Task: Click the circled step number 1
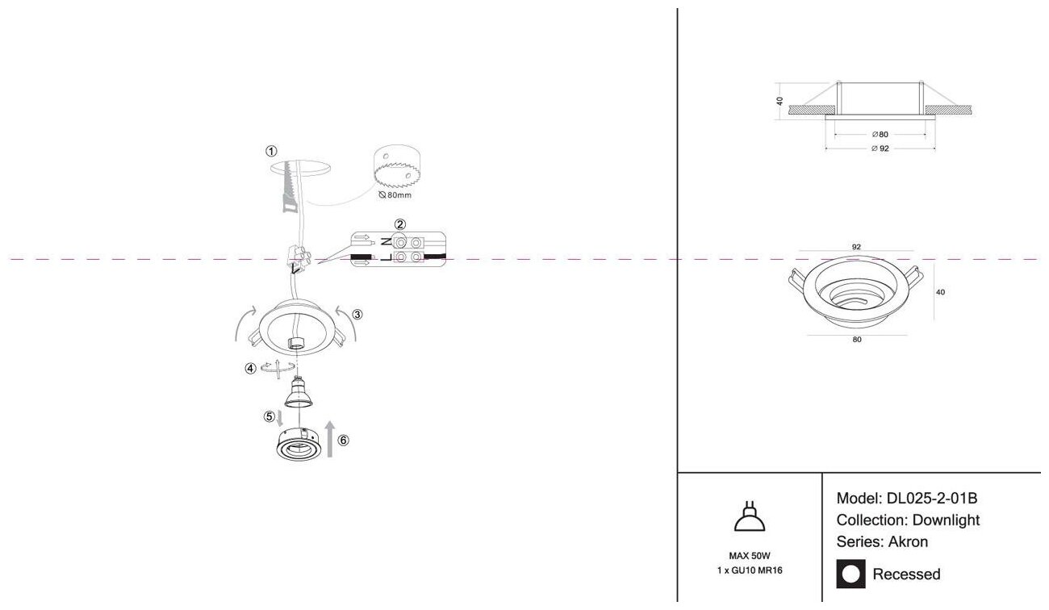tap(271, 151)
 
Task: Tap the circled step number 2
tap(399, 224)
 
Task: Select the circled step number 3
tap(357, 315)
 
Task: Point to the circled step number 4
tap(251, 369)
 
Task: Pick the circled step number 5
tap(269, 417)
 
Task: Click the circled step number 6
tap(344, 441)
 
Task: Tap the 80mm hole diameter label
tap(396, 194)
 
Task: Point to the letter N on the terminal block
tap(386, 241)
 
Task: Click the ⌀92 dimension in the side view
tap(880, 148)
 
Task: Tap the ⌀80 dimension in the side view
tap(880, 134)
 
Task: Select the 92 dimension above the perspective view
tap(856, 247)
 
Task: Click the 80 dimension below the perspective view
tap(856, 340)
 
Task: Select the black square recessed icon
tap(850, 574)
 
